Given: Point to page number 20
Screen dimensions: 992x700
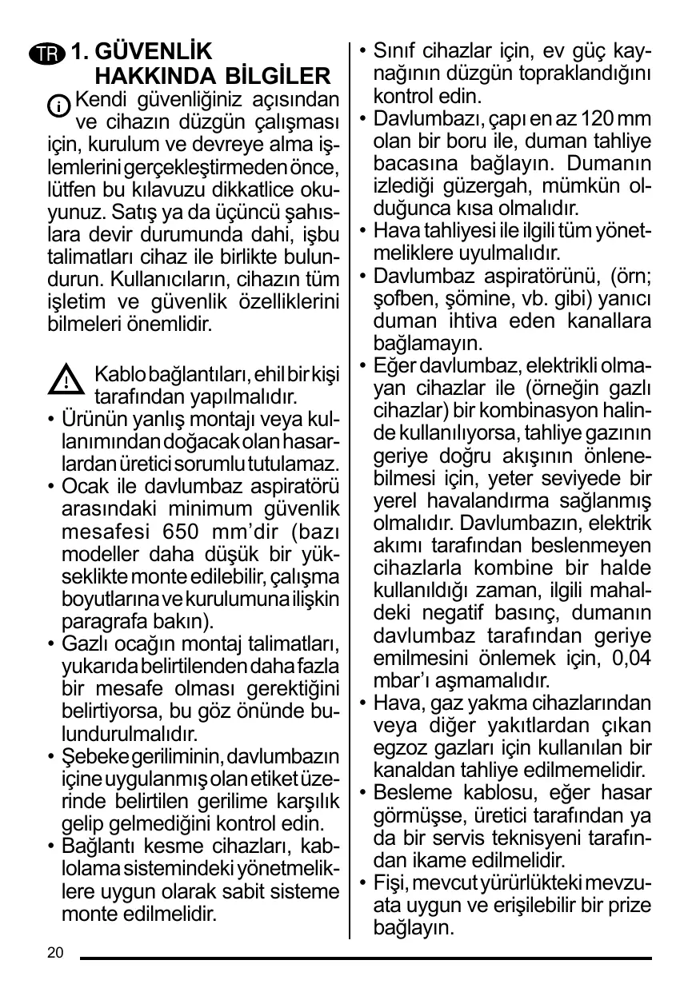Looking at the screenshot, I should tap(55, 952).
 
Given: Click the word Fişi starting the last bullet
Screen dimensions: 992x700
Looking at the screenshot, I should tap(391, 883).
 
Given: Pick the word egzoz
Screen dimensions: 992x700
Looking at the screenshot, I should tap(395, 748).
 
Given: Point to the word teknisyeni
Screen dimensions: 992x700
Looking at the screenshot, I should tap(544, 839).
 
